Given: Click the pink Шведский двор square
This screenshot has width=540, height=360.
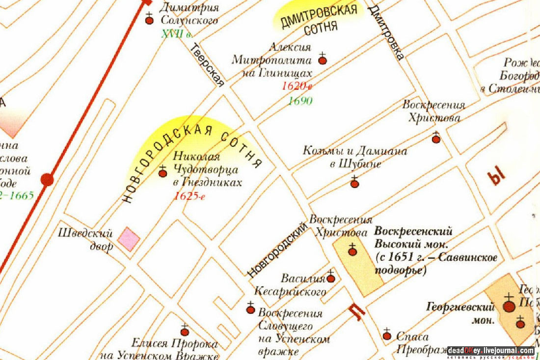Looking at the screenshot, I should [129, 239].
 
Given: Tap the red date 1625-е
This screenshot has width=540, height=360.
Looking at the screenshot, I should [189, 196].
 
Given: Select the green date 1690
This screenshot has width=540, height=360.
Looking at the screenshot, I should [300, 101].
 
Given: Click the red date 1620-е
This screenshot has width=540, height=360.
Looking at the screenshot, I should [297, 86].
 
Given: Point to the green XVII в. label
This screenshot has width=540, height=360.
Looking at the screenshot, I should [177, 34].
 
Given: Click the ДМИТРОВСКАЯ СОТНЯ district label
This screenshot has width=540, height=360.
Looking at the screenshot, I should [318, 20].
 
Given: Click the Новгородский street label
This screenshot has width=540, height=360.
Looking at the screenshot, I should [277, 249].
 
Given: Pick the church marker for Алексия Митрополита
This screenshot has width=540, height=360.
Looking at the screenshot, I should [323, 60].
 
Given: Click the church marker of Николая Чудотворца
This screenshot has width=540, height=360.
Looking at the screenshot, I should [162, 173].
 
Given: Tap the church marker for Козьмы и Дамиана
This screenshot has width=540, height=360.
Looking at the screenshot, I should [354, 184].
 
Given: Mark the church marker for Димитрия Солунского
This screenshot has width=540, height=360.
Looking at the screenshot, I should [150, 20].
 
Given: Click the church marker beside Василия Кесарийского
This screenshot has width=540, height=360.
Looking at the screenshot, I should [331, 278].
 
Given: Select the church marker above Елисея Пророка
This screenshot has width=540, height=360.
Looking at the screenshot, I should [185, 332].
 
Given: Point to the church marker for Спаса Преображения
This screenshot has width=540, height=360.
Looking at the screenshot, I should [387, 336].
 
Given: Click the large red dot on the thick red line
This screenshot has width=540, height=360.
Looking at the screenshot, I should [47, 180].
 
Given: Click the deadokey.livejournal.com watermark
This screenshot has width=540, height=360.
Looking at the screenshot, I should [490, 351].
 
